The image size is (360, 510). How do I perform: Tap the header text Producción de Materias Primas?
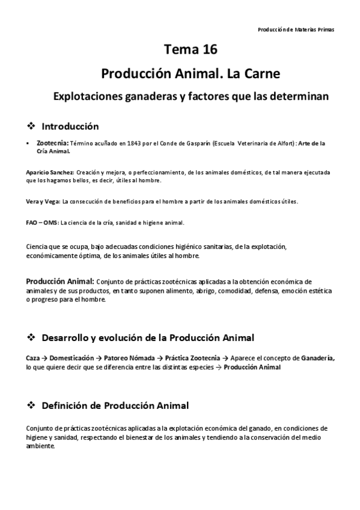click(296, 29)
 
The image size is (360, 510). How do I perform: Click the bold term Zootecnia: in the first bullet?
click(53, 144)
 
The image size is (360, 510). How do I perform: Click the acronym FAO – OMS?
click(42, 223)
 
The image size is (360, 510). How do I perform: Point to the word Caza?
click(33, 358)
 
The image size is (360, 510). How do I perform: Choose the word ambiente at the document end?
click(40, 446)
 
